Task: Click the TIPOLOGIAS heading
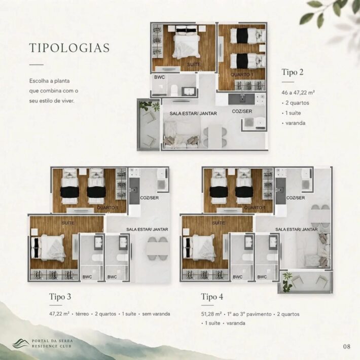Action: [69, 48]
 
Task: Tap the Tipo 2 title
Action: [293, 72]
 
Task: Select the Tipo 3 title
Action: [60, 297]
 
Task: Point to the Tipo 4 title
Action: [212, 297]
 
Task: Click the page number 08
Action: [347, 346]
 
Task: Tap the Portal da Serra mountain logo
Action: [21, 343]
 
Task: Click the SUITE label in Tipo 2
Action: [194, 64]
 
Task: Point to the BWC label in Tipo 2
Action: [160, 77]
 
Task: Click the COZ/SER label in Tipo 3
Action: [150, 198]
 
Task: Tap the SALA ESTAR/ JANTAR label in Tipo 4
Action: [297, 229]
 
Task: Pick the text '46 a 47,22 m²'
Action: [298, 92]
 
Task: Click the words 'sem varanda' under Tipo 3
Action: [156, 314]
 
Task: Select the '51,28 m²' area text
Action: [211, 314]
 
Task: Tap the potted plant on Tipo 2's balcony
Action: [150, 105]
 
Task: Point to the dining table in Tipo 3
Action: [158, 249]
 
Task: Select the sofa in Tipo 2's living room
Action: [181, 135]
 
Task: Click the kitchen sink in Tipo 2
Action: [241, 99]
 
